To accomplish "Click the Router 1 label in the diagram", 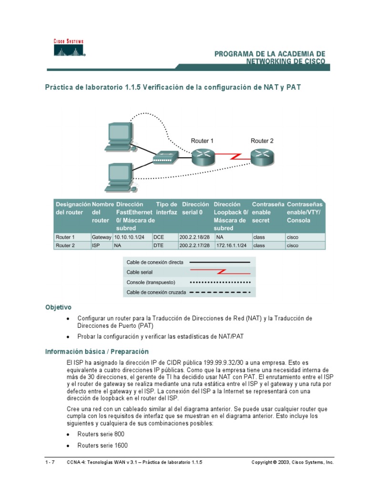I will click(202, 141).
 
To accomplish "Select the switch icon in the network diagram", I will click(166, 158).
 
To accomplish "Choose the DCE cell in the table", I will click(159, 237).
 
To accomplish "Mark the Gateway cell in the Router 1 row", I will click(101, 237).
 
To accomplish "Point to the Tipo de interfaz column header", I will click(166, 208).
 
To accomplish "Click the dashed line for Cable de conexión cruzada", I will click(220, 292).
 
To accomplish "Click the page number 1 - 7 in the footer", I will click(50, 462).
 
